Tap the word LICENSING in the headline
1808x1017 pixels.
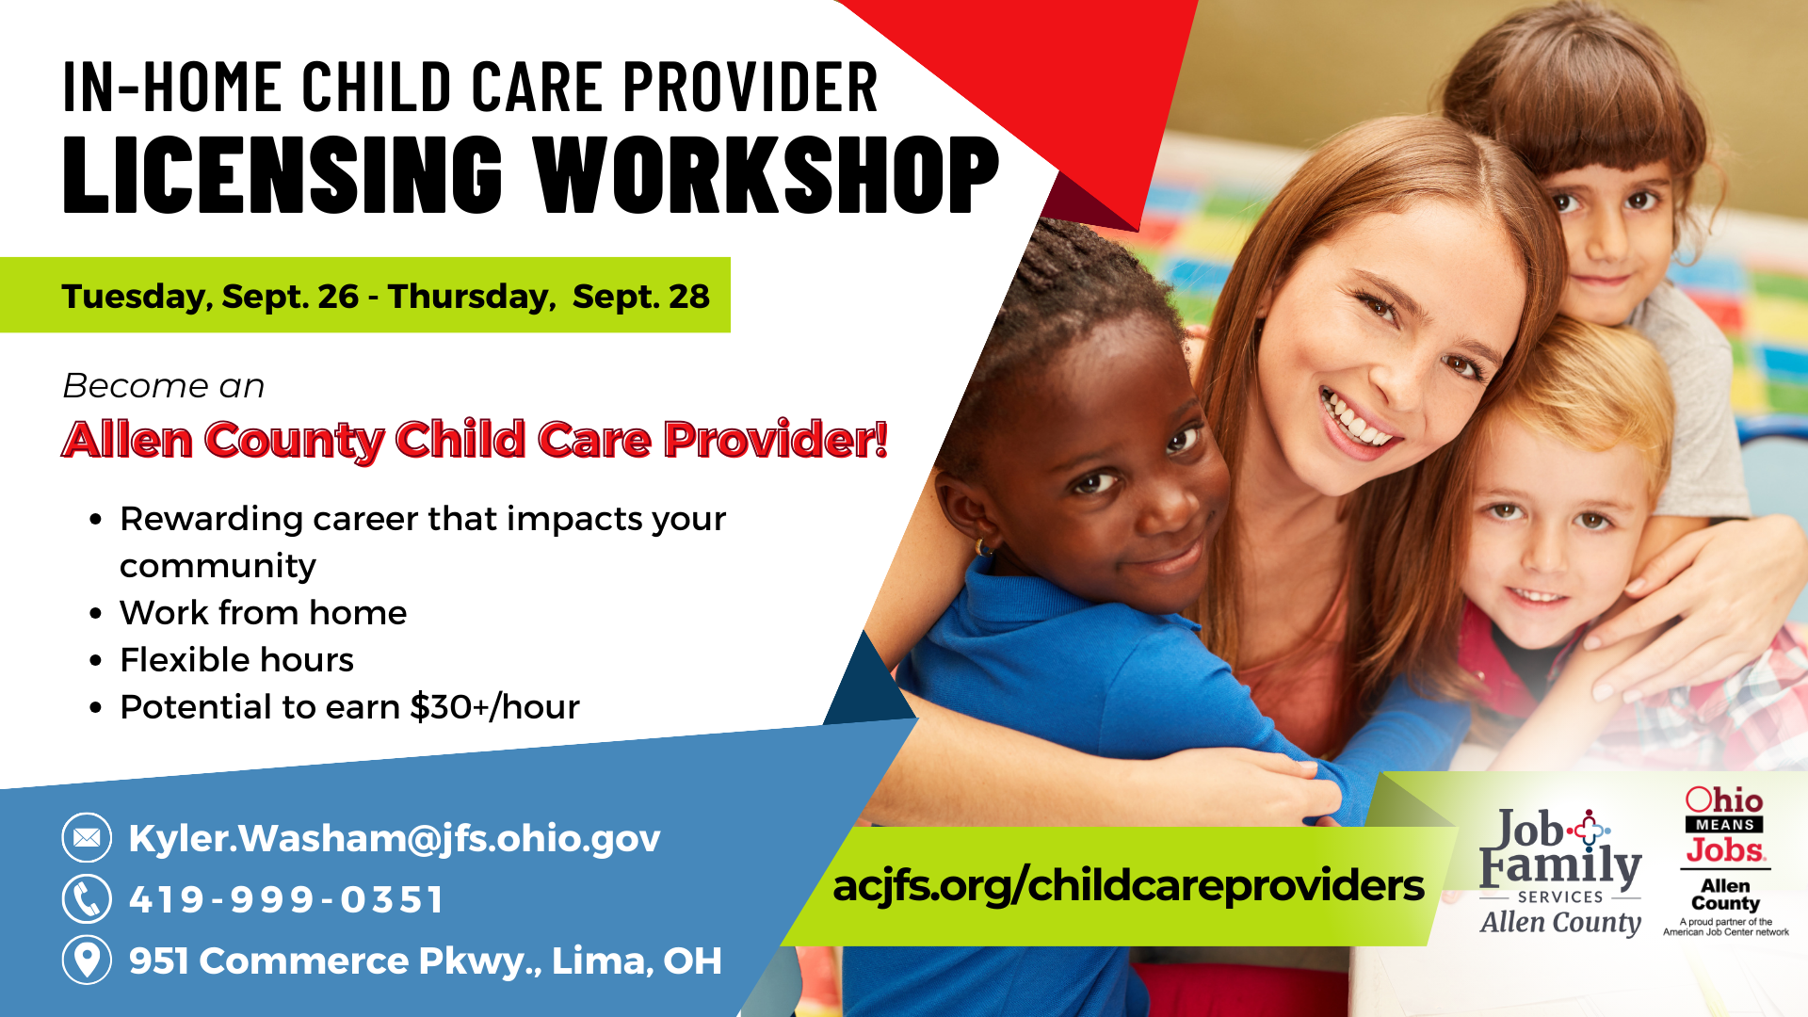(x=282, y=174)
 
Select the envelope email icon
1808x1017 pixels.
(x=87, y=837)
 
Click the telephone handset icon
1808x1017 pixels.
(x=87, y=898)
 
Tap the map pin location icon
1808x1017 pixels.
(x=87, y=960)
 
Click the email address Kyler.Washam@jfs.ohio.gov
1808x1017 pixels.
(x=395, y=838)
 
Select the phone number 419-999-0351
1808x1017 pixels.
(x=286, y=899)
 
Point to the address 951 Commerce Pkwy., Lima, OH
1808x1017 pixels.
(x=426, y=960)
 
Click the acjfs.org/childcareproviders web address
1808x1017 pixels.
(x=1128, y=886)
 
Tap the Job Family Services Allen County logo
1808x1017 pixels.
(x=1560, y=872)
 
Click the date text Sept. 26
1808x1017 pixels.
(x=291, y=297)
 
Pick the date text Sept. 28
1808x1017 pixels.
(x=641, y=297)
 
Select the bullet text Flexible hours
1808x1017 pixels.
(x=237, y=660)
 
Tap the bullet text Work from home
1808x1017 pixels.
(x=264, y=613)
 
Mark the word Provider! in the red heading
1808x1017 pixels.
(x=775, y=440)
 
